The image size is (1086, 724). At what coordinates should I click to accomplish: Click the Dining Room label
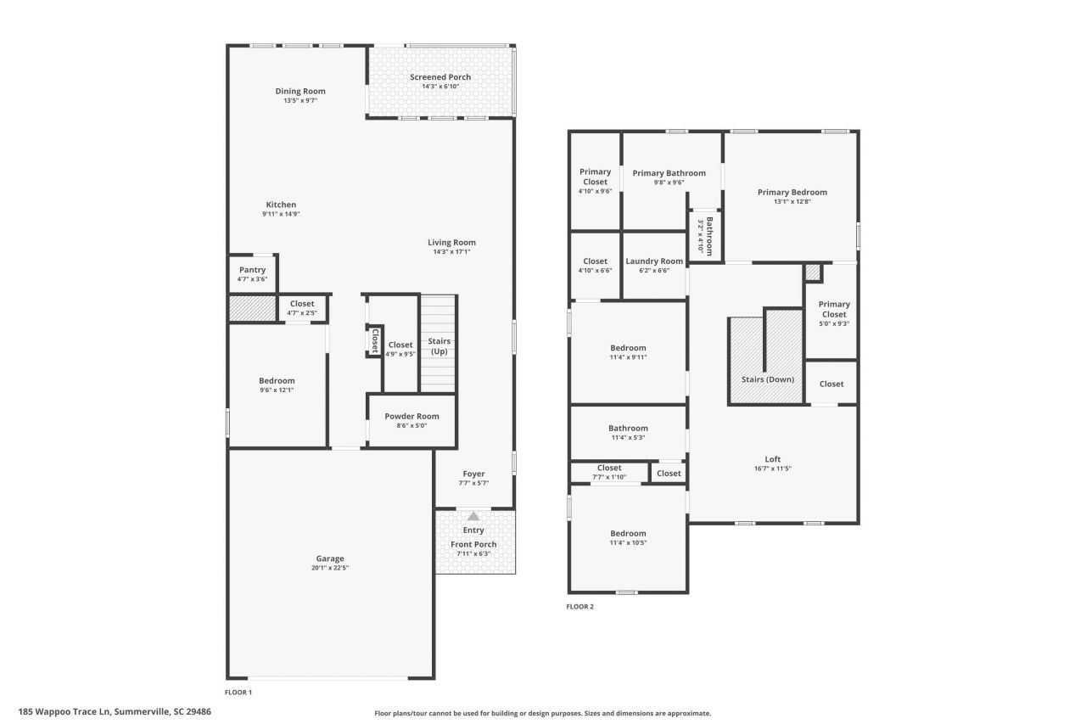pos(299,91)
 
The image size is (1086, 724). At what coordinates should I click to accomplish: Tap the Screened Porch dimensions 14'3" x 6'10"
pos(440,87)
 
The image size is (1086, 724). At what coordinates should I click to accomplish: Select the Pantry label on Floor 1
pos(252,270)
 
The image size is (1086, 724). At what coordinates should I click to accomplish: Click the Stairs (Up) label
pos(439,346)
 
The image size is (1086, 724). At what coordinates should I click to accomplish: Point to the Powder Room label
pos(411,416)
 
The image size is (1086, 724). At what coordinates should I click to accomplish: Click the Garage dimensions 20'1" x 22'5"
pos(330,568)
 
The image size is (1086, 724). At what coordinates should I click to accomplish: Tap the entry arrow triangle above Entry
pos(473,516)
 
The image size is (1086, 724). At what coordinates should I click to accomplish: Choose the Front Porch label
pos(473,544)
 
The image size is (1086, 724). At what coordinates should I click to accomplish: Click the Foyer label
pos(473,474)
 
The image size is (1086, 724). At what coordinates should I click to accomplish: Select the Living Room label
pos(451,242)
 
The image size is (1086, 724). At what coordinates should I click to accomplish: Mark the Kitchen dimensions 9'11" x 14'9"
pos(281,214)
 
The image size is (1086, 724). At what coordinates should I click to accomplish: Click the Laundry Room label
pos(654,261)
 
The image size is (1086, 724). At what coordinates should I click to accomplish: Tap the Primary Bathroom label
pos(669,173)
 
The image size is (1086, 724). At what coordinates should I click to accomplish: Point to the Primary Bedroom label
pos(792,192)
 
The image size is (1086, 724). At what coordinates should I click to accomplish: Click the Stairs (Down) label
pos(767,379)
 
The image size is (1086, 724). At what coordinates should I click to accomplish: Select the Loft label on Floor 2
pos(772,459)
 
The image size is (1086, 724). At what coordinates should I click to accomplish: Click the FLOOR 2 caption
pos(580,607)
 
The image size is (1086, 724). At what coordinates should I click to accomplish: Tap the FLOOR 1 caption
pos(238,693)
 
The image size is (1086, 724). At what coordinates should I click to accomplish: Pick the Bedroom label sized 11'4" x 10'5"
pos(628,533)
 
